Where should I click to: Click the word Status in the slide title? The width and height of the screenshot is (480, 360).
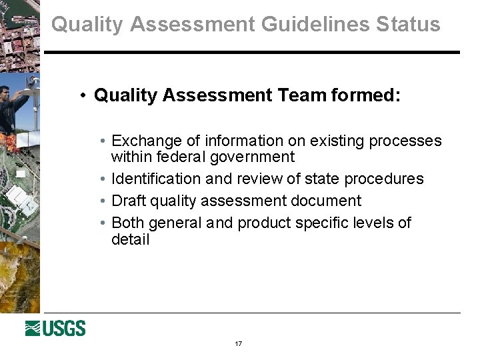coord(408,25)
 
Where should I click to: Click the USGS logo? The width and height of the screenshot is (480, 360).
coord(55,328)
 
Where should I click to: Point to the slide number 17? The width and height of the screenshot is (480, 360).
coord(239,344)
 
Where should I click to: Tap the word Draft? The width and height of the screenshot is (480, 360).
coord(129,201)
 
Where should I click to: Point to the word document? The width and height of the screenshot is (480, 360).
coord(330,201)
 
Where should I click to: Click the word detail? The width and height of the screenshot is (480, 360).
coord(131,239)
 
